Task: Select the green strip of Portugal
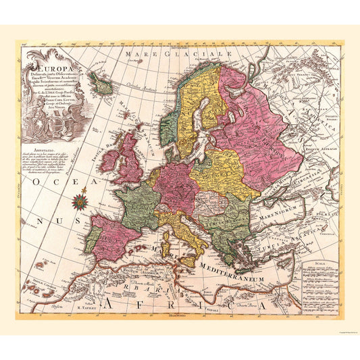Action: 93,236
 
